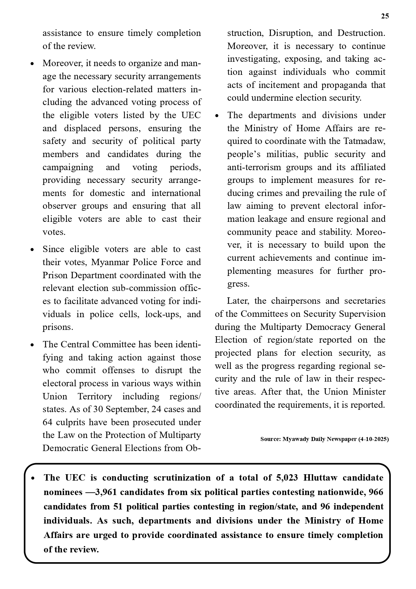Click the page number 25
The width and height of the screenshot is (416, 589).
click(385, 16)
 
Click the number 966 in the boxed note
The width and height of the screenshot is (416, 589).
click(376, 492)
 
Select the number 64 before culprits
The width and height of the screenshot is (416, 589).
click(47, 422)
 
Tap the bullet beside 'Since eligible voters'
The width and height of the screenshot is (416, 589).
click(32, 250)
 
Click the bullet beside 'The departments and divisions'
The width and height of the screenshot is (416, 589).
click(217, 116)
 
